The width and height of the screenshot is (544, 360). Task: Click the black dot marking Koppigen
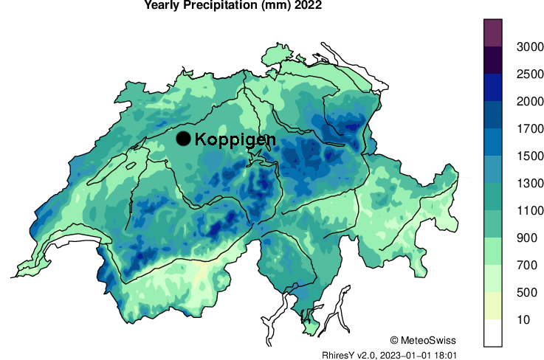point(184,139)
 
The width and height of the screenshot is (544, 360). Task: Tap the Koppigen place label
point(235,139)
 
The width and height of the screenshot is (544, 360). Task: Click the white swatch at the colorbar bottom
point(493,333)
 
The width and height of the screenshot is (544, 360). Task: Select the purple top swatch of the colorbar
point(493,33)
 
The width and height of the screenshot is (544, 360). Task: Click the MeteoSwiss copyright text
point(423,340)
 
